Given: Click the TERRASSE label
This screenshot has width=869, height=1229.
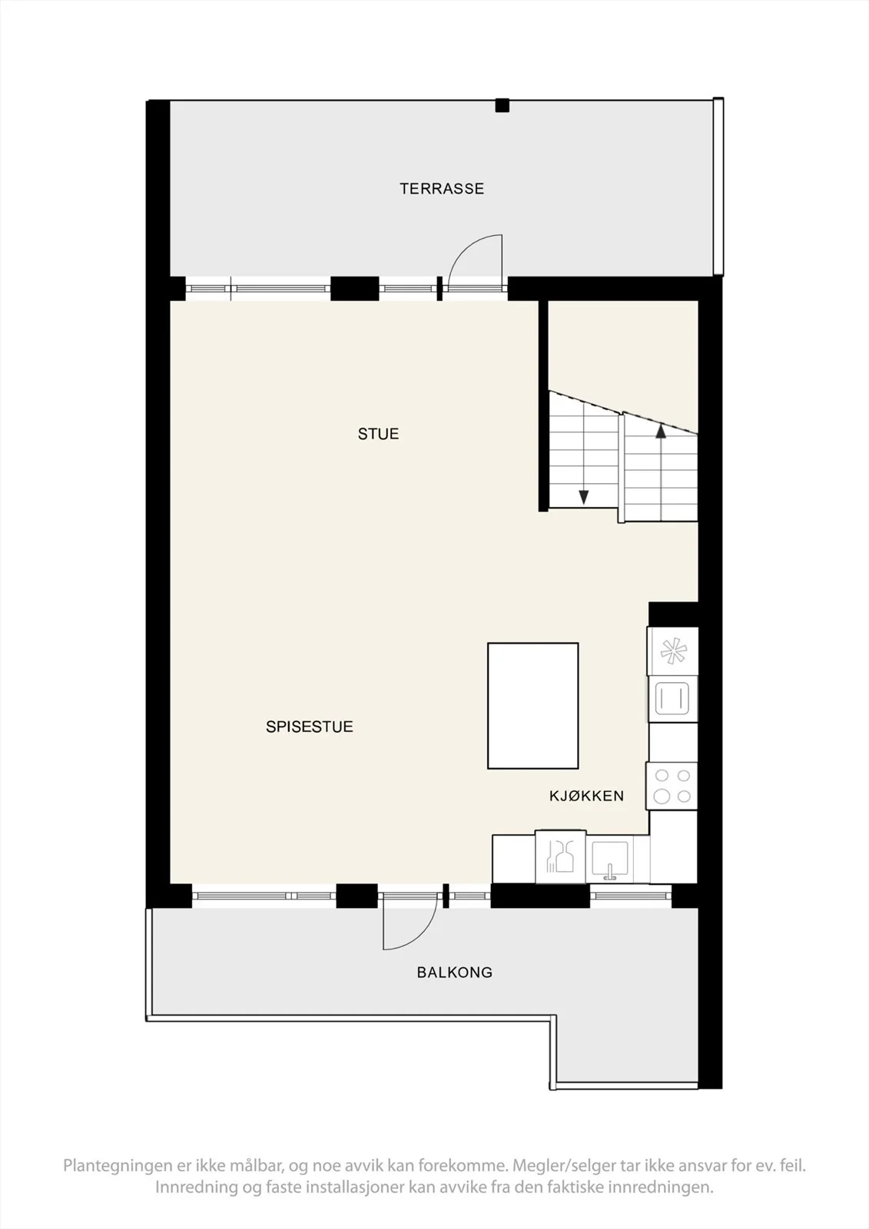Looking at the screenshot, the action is coord(442,189).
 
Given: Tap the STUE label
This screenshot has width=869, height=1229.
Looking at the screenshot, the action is coord(378,434).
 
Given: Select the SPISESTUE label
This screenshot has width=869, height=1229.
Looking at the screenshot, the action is coord(310,727).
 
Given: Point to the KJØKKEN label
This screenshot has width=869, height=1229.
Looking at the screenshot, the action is coord(586,796).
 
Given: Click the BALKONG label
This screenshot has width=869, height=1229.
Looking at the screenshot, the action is coord(455,972).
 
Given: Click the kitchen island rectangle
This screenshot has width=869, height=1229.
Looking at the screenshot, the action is coord(533,706).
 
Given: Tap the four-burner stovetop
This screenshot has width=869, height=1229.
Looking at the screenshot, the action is coord(672,786).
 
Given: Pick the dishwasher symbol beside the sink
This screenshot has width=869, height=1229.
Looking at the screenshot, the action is coord(560,856).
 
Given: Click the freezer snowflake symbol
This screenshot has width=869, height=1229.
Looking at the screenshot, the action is coord(673,651).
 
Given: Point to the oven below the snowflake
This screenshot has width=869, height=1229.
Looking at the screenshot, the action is coord(672,698).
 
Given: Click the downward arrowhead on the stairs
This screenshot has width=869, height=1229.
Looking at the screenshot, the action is coord(584,497).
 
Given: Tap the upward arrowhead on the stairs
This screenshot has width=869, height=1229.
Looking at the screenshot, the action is coord(661,431).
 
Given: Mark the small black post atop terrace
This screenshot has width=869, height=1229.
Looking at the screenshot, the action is coord(502,105).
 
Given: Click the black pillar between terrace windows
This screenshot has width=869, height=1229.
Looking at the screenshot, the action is coord(355,289).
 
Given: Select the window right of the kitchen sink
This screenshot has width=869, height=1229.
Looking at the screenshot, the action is coord(632,896).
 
